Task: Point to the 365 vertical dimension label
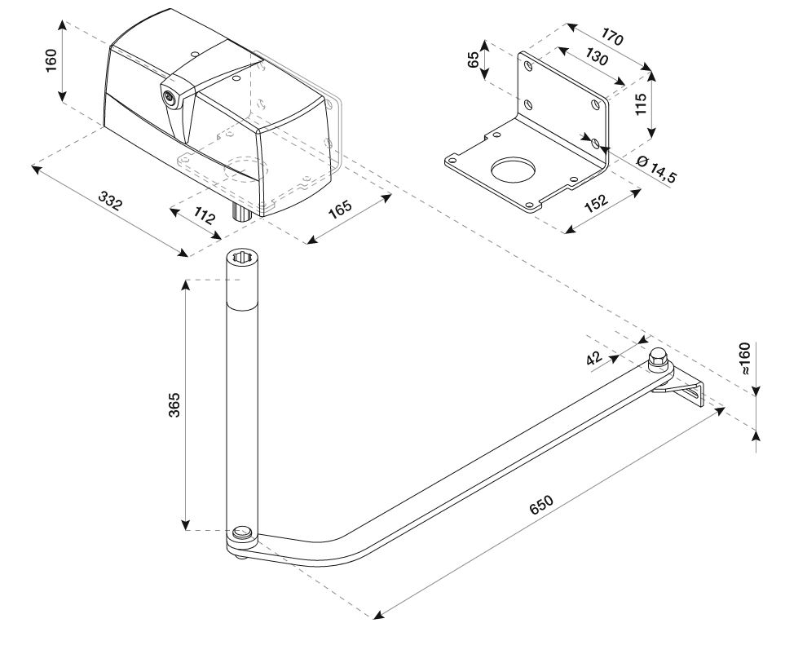click(174, 405)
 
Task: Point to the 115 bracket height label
click(640, 104)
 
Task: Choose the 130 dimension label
click(594, 61)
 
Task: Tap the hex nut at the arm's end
click(657, 359)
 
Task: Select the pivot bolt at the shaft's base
click(242, 534)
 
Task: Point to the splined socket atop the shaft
click(243, 259)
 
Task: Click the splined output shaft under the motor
click(242, 214)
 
